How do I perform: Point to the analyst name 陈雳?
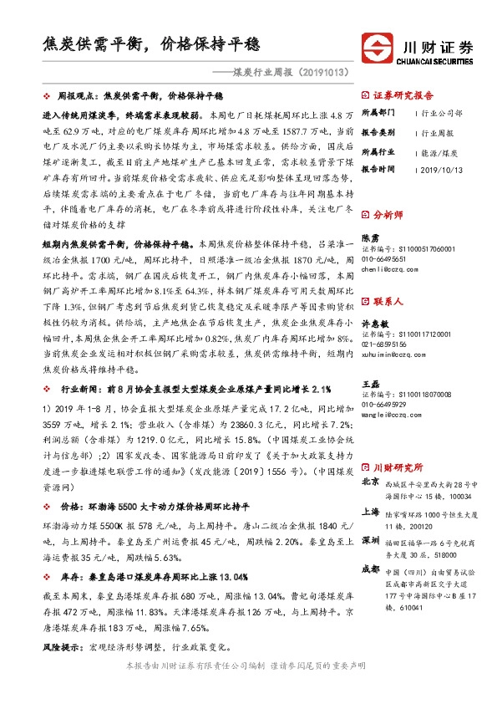[370, 237]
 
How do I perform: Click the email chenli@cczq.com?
[389, 270]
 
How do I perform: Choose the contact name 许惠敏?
[374, 323]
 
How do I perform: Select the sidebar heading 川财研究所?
[398, 467]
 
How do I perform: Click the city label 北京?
[370, 482]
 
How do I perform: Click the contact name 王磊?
[370, 381]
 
